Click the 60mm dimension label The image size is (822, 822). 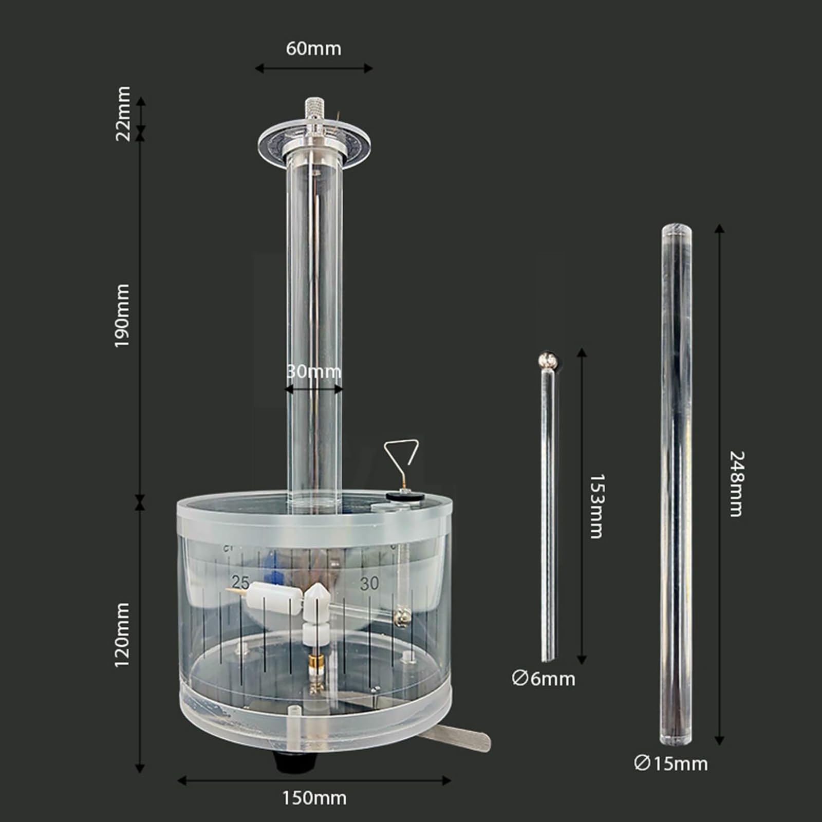click(x=313, y=48)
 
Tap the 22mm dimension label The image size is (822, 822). click(x=122, y=114)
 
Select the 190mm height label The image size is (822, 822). click(x=122, y=315)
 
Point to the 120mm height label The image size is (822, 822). click(x=122, y=635)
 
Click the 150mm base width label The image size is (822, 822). click(x=314, y=798)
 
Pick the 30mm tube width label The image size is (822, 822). click(x=313, y=371)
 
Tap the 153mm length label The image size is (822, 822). click(x=596, y=506)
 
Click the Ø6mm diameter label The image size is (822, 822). click(x=543, y=679)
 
